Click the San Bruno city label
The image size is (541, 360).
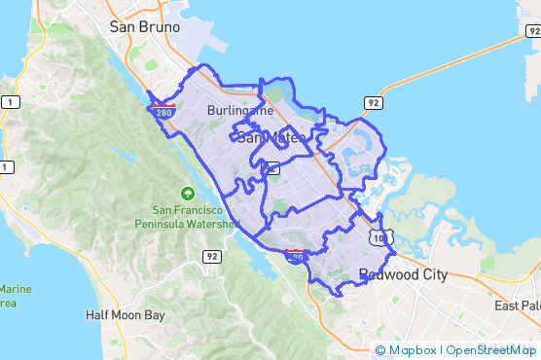pyautogui.click(x=145, y=27)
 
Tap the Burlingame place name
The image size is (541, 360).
pyautogui.click(x=240, y=111)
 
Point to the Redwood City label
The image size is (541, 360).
pyautogui.click(x=403, y=274)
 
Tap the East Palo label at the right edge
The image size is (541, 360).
pyautogui.click(x=517, y=306)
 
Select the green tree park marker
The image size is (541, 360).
pyautogui.click(x=187, y=192)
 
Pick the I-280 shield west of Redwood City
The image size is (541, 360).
pyautogui.click(x=295, y=256)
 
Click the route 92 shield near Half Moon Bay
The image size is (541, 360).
pyautogui.click(x=212, y=256)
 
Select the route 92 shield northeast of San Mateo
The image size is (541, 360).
pyautogui.click(x=372, y=101)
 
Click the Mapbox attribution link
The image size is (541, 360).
pyautogui.click(x=407, y=350)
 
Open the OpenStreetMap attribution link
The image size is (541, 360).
pyautogui.click(x=491, y=350)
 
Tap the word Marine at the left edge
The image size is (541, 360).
pyautogui.click(x=16, y=289)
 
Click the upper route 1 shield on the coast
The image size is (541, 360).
pyautogui.click(x=9, y=101)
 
